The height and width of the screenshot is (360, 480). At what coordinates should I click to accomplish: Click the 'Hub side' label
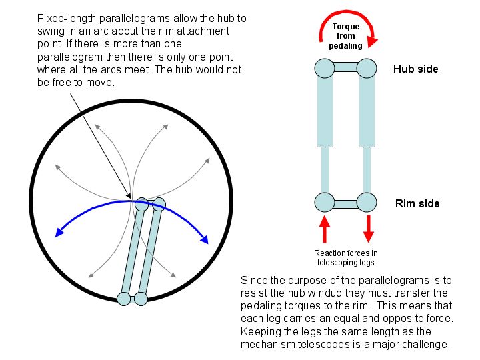[x=415, y=69]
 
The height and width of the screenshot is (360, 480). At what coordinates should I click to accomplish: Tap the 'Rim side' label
[x=417, y=203]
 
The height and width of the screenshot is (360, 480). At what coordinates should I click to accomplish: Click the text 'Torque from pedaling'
[x=347, y=36]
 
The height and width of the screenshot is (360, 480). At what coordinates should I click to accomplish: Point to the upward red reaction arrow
[x=325, y=229]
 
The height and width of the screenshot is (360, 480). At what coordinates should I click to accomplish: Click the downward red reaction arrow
[x=368, y=229]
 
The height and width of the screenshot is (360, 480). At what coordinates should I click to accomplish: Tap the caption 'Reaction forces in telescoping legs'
[x=346, y=257]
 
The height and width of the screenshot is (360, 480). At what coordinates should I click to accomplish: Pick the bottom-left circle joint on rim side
[x=324, y=203]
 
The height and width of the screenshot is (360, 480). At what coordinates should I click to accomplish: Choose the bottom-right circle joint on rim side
[x=367, y=203]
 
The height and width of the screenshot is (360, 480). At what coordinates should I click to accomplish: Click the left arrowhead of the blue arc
[x=60, y=233]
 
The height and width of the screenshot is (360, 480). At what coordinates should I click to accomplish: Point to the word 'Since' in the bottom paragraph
[x=253, y=281]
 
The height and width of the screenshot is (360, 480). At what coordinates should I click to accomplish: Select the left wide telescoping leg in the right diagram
[x=324, y=110]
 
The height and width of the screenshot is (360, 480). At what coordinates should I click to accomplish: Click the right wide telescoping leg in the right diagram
[x=367, y=110]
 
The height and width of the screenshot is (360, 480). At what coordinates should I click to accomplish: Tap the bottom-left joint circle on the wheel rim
[x=124, y=299]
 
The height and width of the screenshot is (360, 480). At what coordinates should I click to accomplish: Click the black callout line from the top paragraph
[x=100, y=143]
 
